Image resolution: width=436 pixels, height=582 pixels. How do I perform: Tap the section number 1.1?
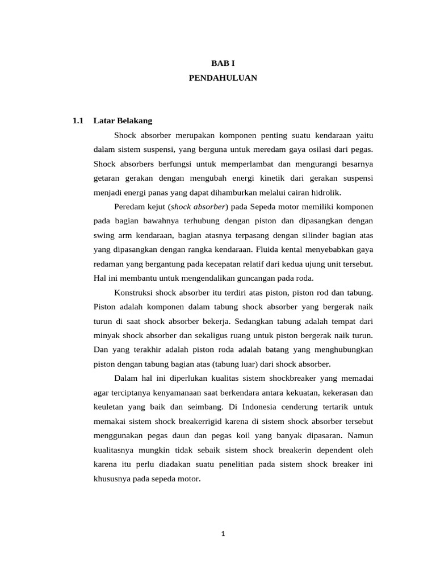[x=78, y=120]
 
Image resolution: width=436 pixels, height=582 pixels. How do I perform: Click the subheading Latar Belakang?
[x=123, y=120]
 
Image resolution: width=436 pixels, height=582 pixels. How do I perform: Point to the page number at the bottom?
[x=223, y=534]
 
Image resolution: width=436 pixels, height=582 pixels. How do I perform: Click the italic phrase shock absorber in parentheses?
[x=199, y=206]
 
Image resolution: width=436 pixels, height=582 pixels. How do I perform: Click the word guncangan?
[x=255, y=277]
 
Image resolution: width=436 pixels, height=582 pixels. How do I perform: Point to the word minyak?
[x=106, y=335]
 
